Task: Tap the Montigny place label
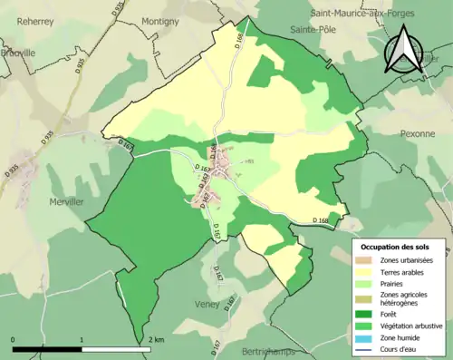point(160,21)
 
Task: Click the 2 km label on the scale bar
point(156,340)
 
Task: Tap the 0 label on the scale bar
point(14,340)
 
